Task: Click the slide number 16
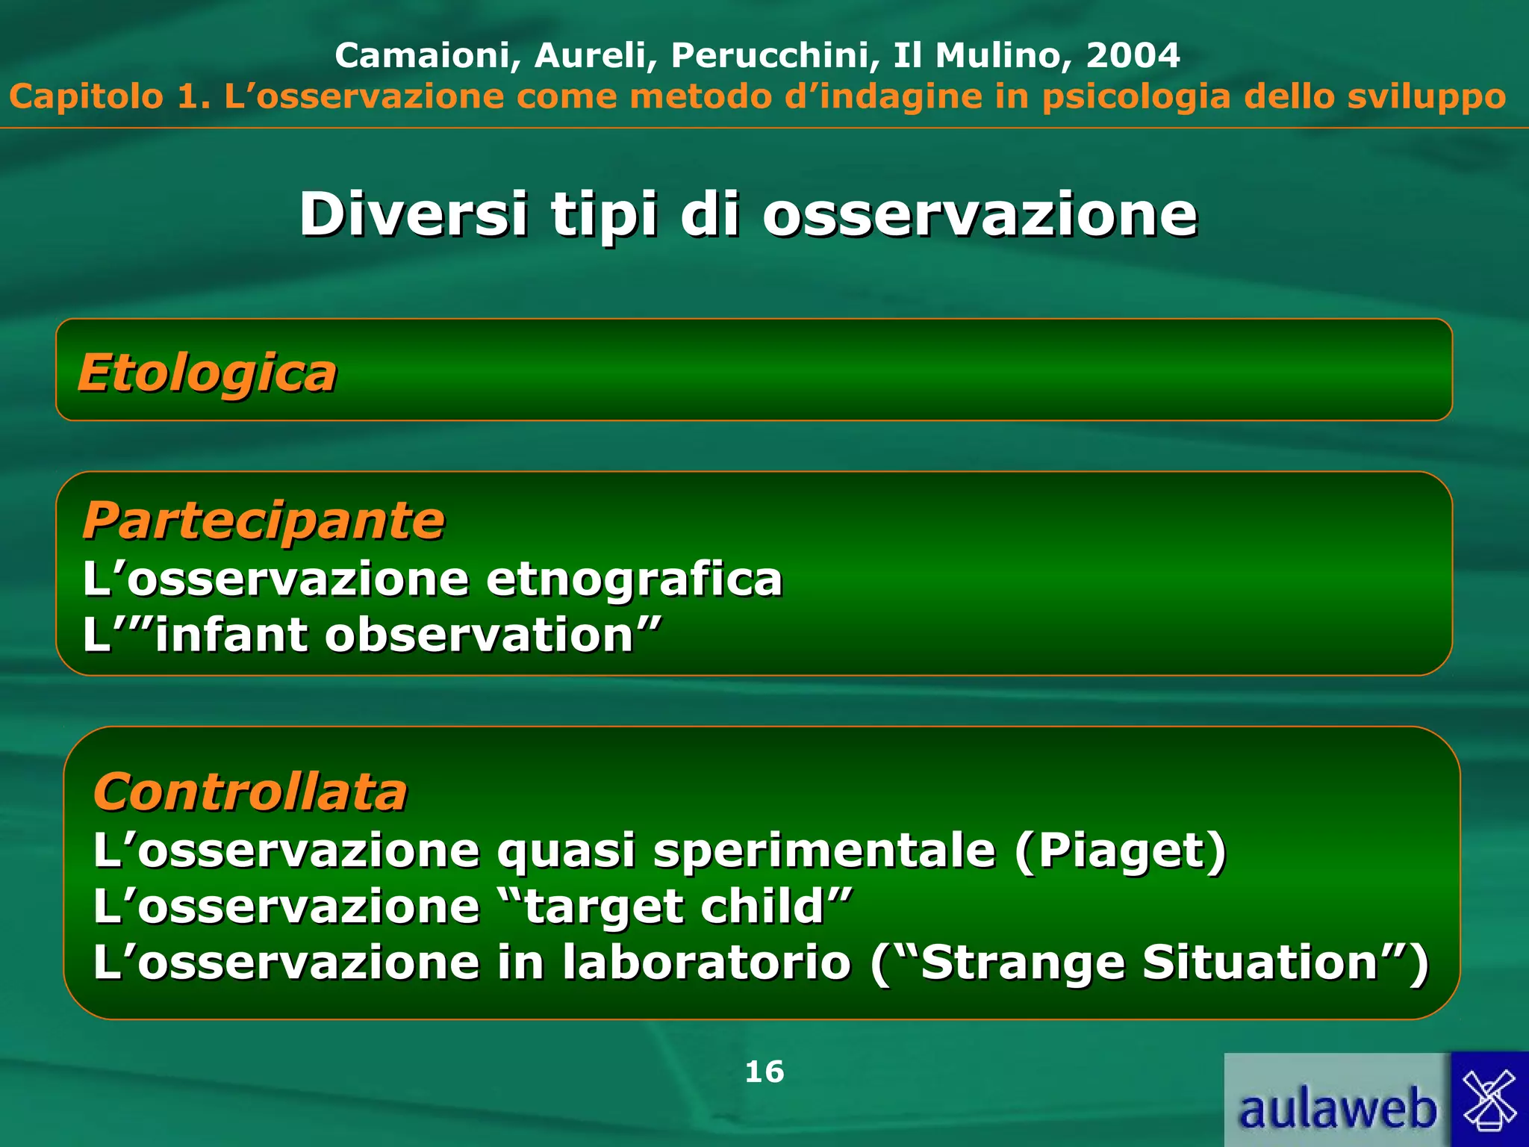coord(764,1072)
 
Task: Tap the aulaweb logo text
coord(1337,1109)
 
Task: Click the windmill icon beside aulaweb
coord(1489,1100)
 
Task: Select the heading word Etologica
coord(208,373)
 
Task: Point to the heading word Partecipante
coord(264,520)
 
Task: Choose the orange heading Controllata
coord(250,792)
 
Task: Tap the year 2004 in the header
coord(1133,55)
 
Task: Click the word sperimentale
coord(824,851)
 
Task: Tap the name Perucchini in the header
coord(774,55)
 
